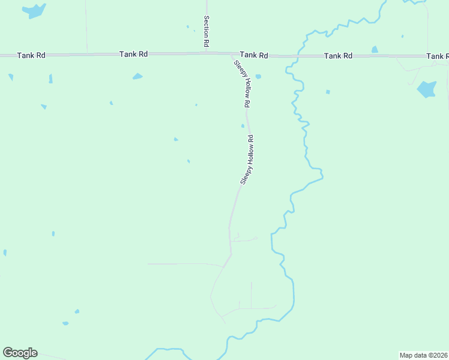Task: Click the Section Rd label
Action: point(206,32)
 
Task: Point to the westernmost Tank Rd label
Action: point(31,55)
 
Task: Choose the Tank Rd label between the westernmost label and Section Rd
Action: point(133,54)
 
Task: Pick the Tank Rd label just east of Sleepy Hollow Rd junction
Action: point(254,55)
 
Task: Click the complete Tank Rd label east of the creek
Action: point(338,56)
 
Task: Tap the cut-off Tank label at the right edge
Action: point(437,56)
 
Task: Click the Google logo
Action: point(20,353)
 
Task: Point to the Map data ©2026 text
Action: point(423,355)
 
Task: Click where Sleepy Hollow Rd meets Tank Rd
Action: point(231,54)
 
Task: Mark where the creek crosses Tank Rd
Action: point(296,56)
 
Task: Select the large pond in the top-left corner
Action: point(35,10)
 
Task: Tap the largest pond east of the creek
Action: point(426,89)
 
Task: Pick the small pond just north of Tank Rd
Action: point(375,49)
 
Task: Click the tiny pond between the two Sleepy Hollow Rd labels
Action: point(243,126)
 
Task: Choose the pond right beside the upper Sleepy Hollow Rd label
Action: point(258,77)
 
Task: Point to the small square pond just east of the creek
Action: point(328,92)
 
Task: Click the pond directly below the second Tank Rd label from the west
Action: point(137,76)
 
